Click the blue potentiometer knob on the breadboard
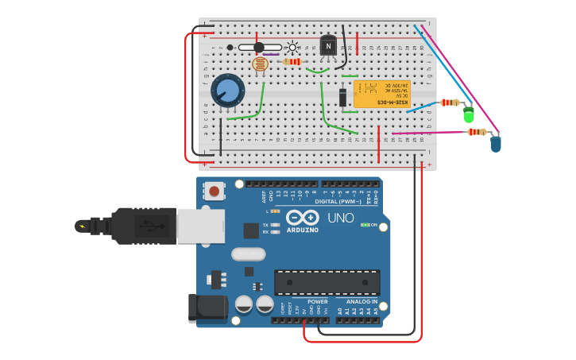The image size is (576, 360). click(228, 91)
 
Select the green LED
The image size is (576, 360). click(469, 114)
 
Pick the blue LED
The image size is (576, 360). click(496, 143)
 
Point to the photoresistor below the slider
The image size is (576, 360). click(260, 64)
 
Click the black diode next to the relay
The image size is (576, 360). click(342, 97)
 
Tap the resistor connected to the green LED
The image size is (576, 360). click(450, 103)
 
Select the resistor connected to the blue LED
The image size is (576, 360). click(477, 132)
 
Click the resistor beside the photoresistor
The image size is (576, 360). click(293, 61)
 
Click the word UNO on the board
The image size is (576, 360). click(341, 218)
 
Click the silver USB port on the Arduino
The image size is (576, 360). click(195, 226)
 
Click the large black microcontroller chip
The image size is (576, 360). click(327, 282)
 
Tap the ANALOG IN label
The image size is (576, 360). click(361, 302)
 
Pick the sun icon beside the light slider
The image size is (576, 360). click(292, 47)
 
